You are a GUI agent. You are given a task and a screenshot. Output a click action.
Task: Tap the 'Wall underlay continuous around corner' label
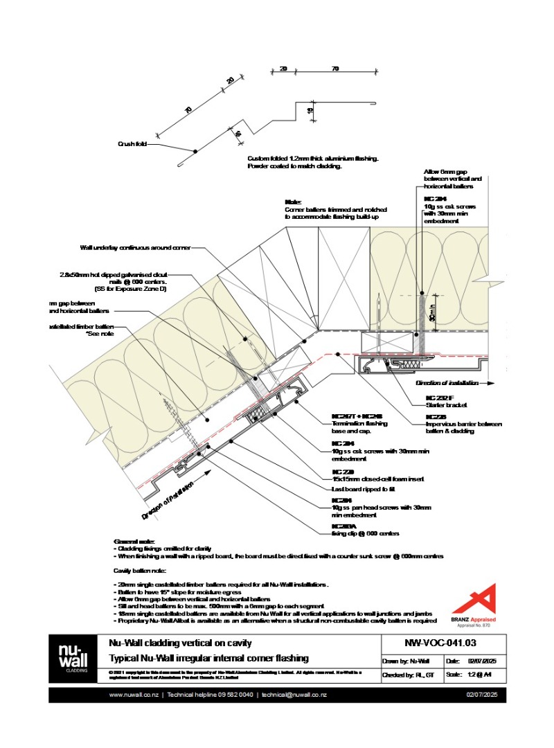coord(135,247)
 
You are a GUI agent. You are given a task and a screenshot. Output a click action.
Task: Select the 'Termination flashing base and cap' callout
coord(360,423)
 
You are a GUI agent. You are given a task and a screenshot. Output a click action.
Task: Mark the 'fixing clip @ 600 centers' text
coord(365,533)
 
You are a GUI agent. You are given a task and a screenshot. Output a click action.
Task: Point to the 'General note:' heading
coord(134,541)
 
